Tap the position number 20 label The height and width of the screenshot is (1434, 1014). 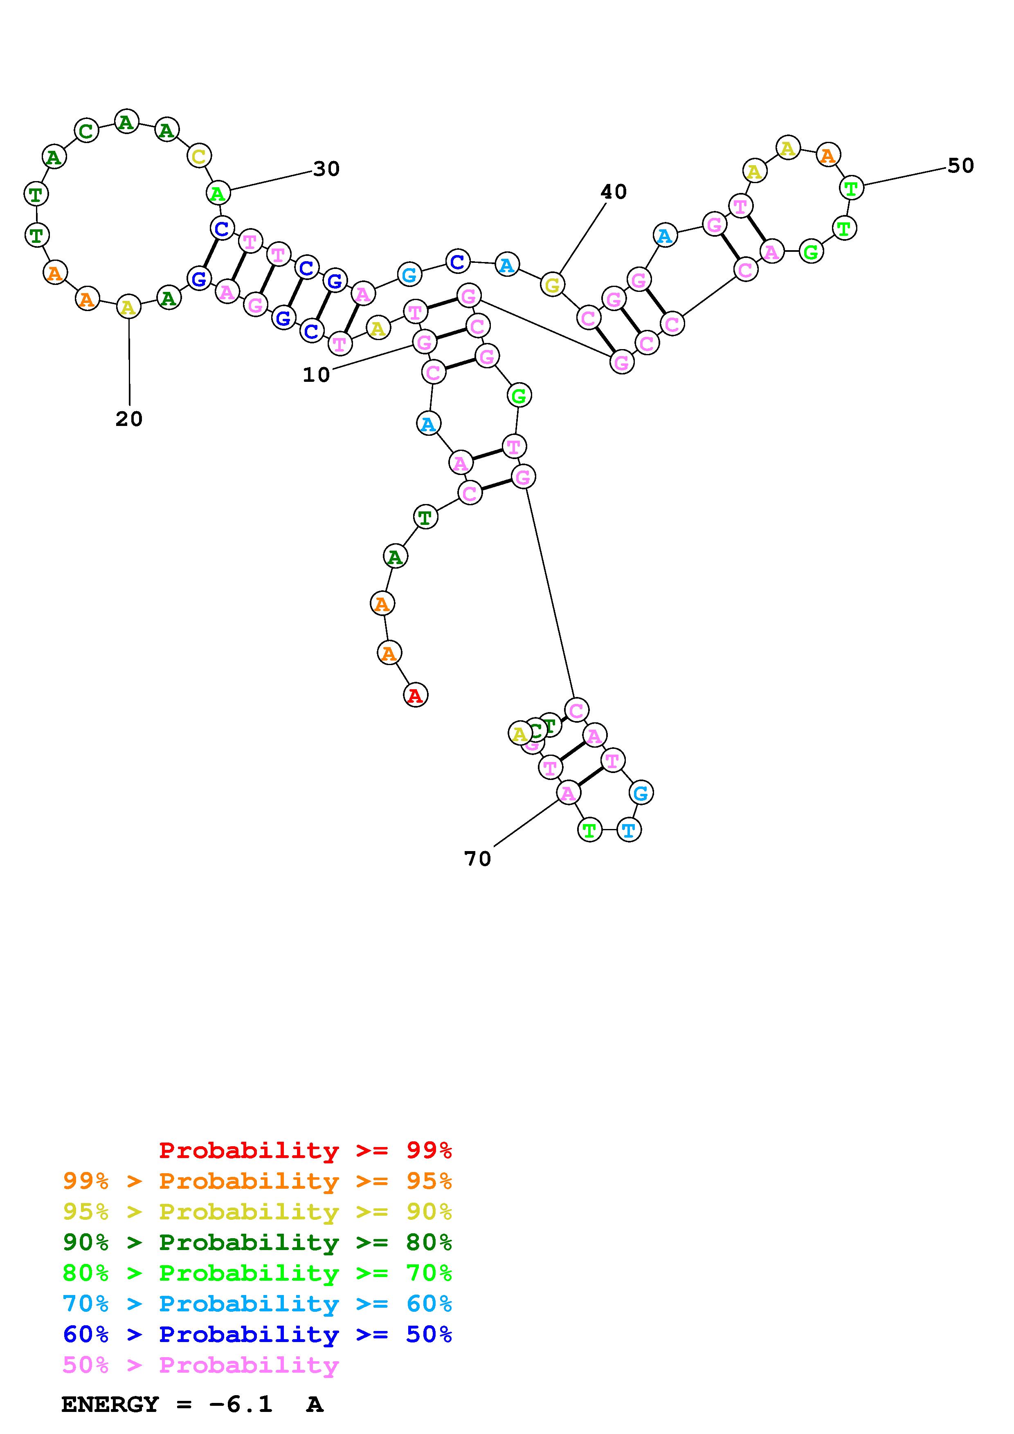coord(129,419)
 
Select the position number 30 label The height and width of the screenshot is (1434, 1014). coord(326,169)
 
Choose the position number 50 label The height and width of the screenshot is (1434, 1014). coord(960,166)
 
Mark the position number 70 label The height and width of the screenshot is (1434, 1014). coord(477,859)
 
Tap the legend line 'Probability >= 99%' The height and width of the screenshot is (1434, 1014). coord(306,1150)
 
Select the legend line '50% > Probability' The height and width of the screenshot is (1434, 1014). coord(200,1365)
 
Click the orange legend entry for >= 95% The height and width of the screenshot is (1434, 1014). coord(257,1181)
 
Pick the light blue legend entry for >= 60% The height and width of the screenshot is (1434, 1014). coord(257,1304)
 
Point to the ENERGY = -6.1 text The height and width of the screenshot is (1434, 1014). coord(167,1404)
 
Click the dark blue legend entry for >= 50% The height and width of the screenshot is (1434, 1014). coord(257,1334)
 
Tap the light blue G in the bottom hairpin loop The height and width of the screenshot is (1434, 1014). coord(641,793)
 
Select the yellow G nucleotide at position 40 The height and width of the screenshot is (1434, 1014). coord(552,285)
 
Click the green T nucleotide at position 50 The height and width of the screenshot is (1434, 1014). coord(851,187)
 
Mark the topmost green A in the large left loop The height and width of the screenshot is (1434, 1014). coord(126,121)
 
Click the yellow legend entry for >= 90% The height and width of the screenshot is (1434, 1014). coord(257,1212)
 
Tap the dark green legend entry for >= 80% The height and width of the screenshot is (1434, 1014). coord(257,1242)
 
